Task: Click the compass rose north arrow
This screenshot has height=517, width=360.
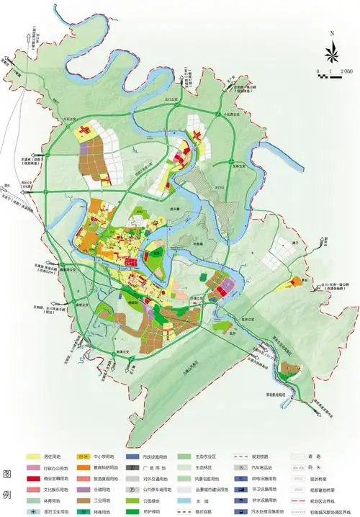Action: coord(332,53)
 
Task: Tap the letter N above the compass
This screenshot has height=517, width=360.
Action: coord(332,33)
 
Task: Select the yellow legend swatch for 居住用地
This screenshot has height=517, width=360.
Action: coord(33,457)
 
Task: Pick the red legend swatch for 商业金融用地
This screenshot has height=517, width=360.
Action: coord(33,478)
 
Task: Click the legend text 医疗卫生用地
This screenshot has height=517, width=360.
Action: coord(57,511)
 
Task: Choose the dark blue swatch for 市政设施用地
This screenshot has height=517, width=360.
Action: coord(135,457)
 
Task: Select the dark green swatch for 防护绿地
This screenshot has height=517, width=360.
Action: coord(135,511)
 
